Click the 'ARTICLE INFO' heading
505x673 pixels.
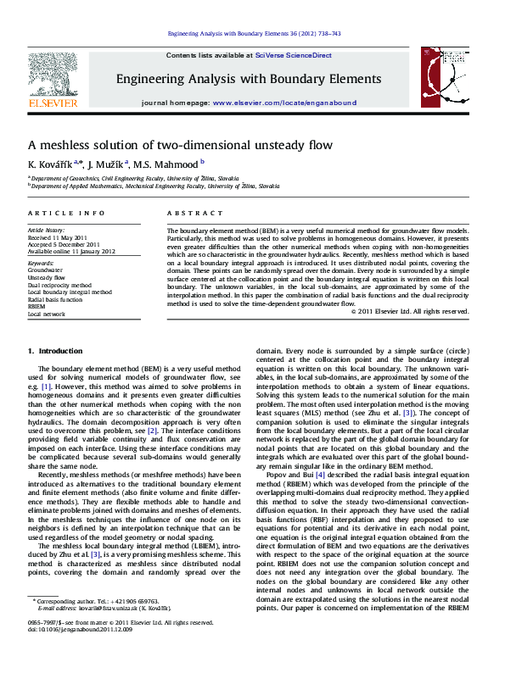[67, 214]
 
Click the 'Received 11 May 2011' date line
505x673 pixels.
[58, 237]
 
